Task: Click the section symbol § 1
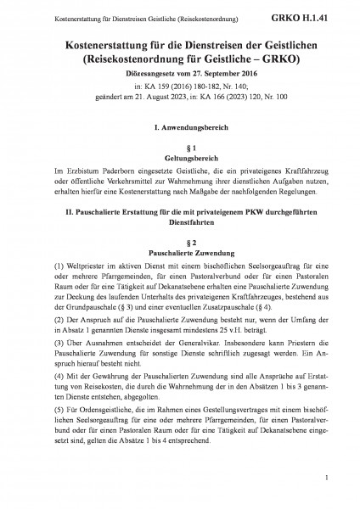click(179, 146)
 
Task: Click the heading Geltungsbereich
click(179, 158)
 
